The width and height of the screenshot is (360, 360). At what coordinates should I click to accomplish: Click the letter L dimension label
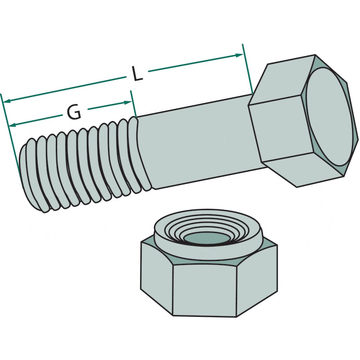(x=138, y=74)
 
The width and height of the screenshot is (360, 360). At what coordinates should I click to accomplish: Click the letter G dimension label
(x=74, y=112)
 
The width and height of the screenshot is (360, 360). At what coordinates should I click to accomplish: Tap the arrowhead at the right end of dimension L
(x=239, y=55)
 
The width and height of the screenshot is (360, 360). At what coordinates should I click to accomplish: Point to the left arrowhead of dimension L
(x=7, y=101)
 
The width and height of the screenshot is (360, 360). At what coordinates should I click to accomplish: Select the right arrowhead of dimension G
(x=128, y=103)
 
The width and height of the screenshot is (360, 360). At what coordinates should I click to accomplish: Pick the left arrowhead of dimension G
(x=12, y=125)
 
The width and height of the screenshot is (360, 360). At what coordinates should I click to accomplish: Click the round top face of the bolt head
(x=330, y=117)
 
